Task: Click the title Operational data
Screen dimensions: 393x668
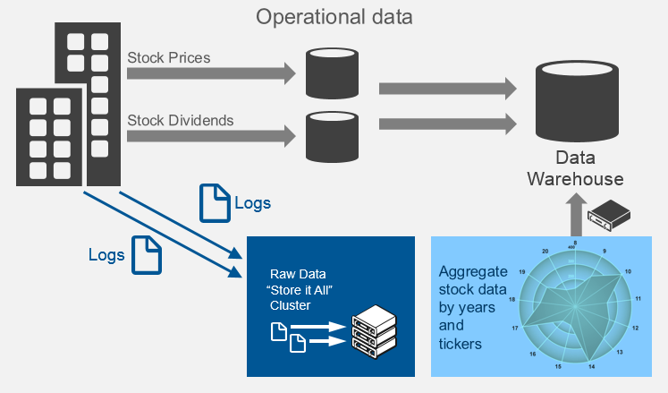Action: (x=335, y=16)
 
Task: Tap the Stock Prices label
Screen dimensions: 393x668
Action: (x=169, y=58)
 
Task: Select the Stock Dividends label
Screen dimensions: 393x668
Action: (x=181, y=119)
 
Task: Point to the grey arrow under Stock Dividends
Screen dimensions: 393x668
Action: (x=211, y=136)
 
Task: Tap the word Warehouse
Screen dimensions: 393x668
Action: (x=575, y=179)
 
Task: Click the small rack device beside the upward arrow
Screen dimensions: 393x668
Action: (x=609, y=214)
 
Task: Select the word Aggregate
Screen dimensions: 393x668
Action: (x=473, y=271)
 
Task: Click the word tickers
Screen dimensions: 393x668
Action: (x=460, y=344)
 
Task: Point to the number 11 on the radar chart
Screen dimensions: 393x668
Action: (x=638, y=298)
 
